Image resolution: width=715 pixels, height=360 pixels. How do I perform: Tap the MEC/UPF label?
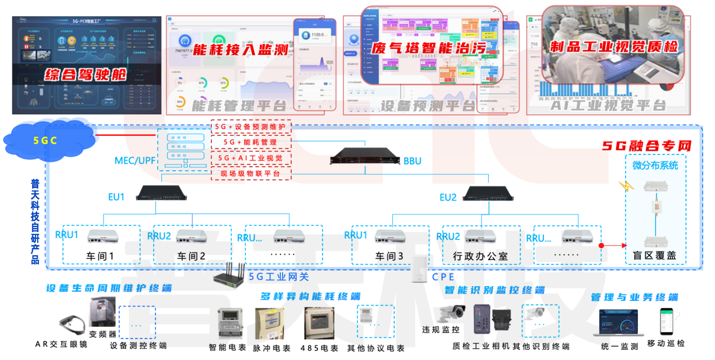coord(135,161)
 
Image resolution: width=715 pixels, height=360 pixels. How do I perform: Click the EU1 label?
coord(117,197)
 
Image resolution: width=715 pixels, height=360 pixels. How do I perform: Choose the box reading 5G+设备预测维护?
coord(251,127)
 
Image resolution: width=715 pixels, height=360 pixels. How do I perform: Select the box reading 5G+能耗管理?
coord(251,143)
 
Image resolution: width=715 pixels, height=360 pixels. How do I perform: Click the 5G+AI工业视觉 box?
coord(251,158)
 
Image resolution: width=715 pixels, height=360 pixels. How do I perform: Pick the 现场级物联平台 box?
coord(251,174)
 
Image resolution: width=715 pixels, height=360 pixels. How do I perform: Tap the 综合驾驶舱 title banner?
coord(86,74)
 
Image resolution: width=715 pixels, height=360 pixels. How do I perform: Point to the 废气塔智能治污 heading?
coord(428,47)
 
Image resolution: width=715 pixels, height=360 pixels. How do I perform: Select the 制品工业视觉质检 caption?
coord(614,46)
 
